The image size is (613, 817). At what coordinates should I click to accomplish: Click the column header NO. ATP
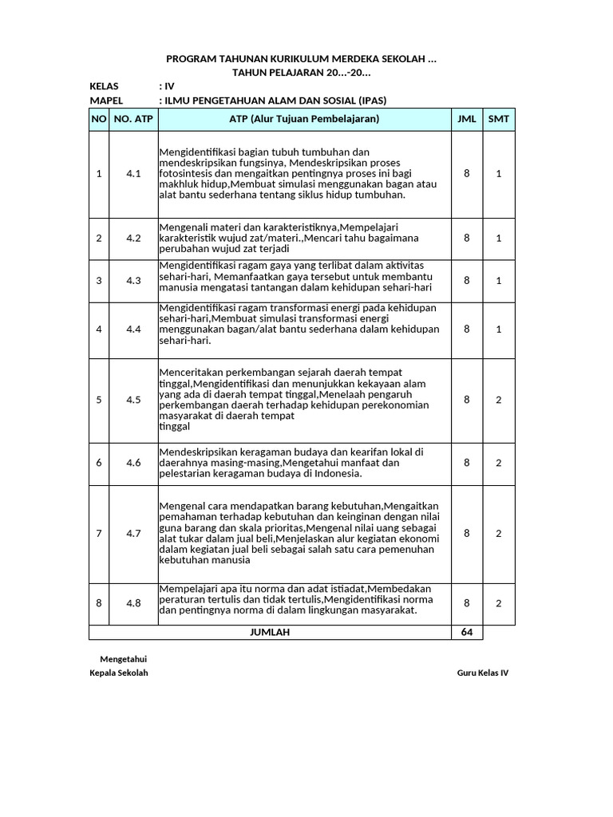coord(133,119)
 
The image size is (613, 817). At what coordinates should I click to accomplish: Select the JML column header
coord(467,119)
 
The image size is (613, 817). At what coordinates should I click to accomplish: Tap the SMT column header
coord(499,119)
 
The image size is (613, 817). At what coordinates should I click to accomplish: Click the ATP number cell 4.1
coord(133,173)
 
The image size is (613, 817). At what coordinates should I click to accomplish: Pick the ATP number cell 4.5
coord(133,400)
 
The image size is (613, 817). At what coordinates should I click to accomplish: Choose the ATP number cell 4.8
coord(133,603)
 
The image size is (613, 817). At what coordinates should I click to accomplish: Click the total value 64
coord(467,632)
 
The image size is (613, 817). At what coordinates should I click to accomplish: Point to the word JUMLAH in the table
coord(270,632)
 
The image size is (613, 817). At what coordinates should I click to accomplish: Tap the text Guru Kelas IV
coord(482,673)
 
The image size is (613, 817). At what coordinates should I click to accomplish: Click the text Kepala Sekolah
coord(119,673)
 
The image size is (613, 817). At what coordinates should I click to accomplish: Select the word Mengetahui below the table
coord(123,658)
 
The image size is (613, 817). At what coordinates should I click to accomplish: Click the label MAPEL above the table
coord(105,101)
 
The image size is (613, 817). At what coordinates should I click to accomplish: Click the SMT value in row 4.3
coord(499,280)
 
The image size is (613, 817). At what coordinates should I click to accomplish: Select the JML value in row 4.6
coord(467,462)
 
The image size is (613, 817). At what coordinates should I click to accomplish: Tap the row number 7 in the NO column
coord(99,533)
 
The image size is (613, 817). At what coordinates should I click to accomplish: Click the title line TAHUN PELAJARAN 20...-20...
coord(301,73)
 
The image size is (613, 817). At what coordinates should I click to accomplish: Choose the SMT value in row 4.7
coord(499,533)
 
